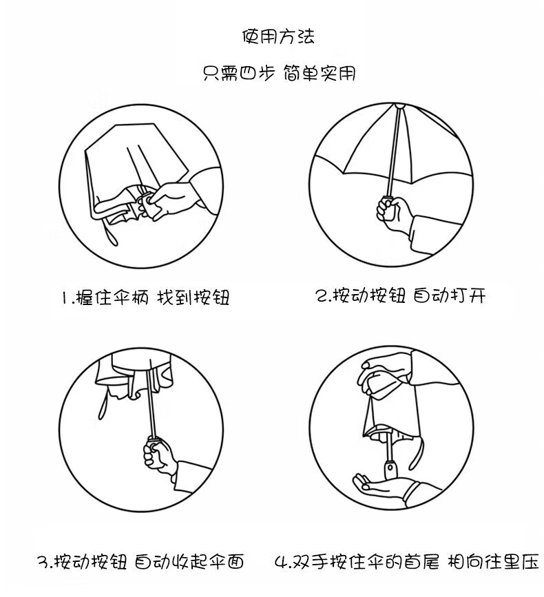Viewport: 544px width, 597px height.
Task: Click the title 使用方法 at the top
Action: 279,36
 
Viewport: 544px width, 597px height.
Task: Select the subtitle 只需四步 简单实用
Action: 280,73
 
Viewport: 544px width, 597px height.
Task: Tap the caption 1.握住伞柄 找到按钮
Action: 146,297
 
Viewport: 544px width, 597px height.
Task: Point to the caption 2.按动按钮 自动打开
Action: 401,296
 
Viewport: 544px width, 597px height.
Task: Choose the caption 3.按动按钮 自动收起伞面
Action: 140,561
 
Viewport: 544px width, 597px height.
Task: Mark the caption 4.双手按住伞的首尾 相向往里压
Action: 406,561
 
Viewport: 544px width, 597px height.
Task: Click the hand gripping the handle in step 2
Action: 394,214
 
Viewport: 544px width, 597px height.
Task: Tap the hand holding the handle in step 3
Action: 160,456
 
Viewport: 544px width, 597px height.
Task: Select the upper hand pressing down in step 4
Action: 384,375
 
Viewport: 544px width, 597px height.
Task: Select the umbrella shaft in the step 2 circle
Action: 393,152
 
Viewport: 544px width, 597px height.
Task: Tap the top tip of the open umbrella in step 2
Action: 399,106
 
